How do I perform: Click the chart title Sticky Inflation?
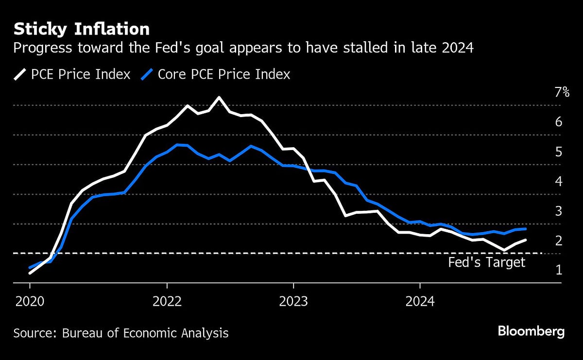click(x=81, y=29)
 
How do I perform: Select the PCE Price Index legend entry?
click(x=72, y=74)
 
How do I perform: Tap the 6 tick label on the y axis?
click(x=558, y=121)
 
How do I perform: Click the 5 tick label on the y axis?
click(x=558, y=152)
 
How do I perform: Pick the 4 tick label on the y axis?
click(x=558, y=181)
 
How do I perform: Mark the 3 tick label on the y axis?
click(x=558, y=211)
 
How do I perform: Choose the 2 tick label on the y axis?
click(x=558, y=240)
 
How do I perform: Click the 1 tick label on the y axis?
click(x=558, y=270)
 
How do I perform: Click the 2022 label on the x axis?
click(x=167, y=301)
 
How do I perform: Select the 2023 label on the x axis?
click(x=293, y=301)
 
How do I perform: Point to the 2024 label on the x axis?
click(x=420, y=301)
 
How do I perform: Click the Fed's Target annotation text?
click(x=486, y=263)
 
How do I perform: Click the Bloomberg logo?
click(x=531, y=332)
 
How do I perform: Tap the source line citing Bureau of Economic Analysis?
click(x=120, y=333)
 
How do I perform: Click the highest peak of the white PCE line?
click(x=219, y=97)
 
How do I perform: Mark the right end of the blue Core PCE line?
click(x=525, y=229)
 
